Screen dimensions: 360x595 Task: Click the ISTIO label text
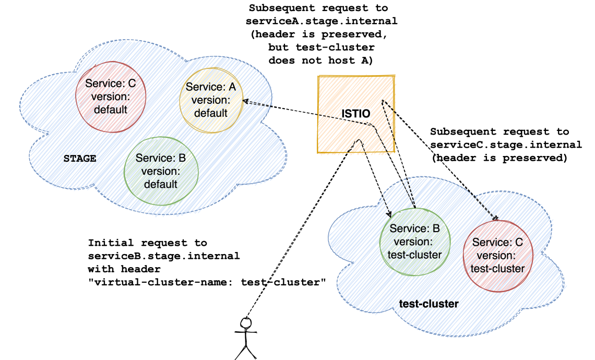pos(355,114)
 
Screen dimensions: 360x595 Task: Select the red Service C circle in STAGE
pos(110,97)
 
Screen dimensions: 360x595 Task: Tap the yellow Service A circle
pos(211,100)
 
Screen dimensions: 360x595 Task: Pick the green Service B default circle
pos(161,171)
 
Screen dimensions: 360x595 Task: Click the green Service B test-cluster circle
pos(414,241)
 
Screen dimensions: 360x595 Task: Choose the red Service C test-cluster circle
pos(498,256)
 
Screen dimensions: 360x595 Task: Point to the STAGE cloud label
pos(79,159)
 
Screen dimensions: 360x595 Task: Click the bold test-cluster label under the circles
pos(429,304)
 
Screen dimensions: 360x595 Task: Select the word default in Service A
pos(211,113)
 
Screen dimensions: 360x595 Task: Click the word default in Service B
pos(161,184)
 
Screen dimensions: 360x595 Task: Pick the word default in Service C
pos(111,110)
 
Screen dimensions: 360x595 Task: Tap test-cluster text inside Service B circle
pos(415,255)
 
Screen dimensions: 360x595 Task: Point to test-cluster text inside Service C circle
pos(497,269)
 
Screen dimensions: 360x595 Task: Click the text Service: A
pos(211,87)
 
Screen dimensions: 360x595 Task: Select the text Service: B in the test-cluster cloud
pos(415,229)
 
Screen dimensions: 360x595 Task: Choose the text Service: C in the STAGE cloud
pos(111,83)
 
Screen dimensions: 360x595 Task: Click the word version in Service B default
pos(161,171)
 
